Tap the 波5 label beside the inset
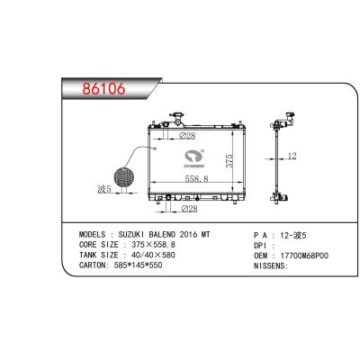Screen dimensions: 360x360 coord(105,190)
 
